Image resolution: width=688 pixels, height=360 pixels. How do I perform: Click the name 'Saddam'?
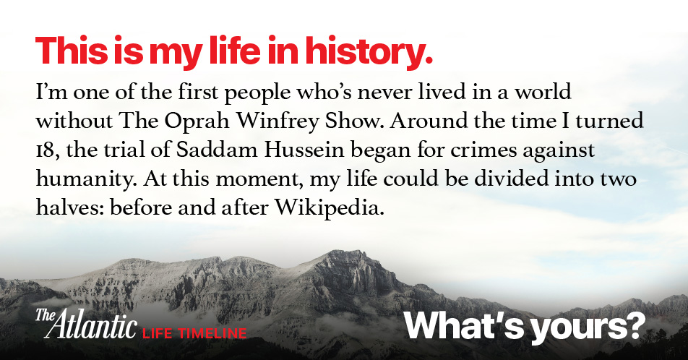217,150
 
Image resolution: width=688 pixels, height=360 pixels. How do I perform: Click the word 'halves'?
69,207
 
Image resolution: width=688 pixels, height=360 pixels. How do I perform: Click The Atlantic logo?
85,324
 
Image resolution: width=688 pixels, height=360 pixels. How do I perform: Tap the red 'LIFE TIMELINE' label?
194,333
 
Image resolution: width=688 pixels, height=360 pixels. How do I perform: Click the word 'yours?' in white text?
588,327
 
